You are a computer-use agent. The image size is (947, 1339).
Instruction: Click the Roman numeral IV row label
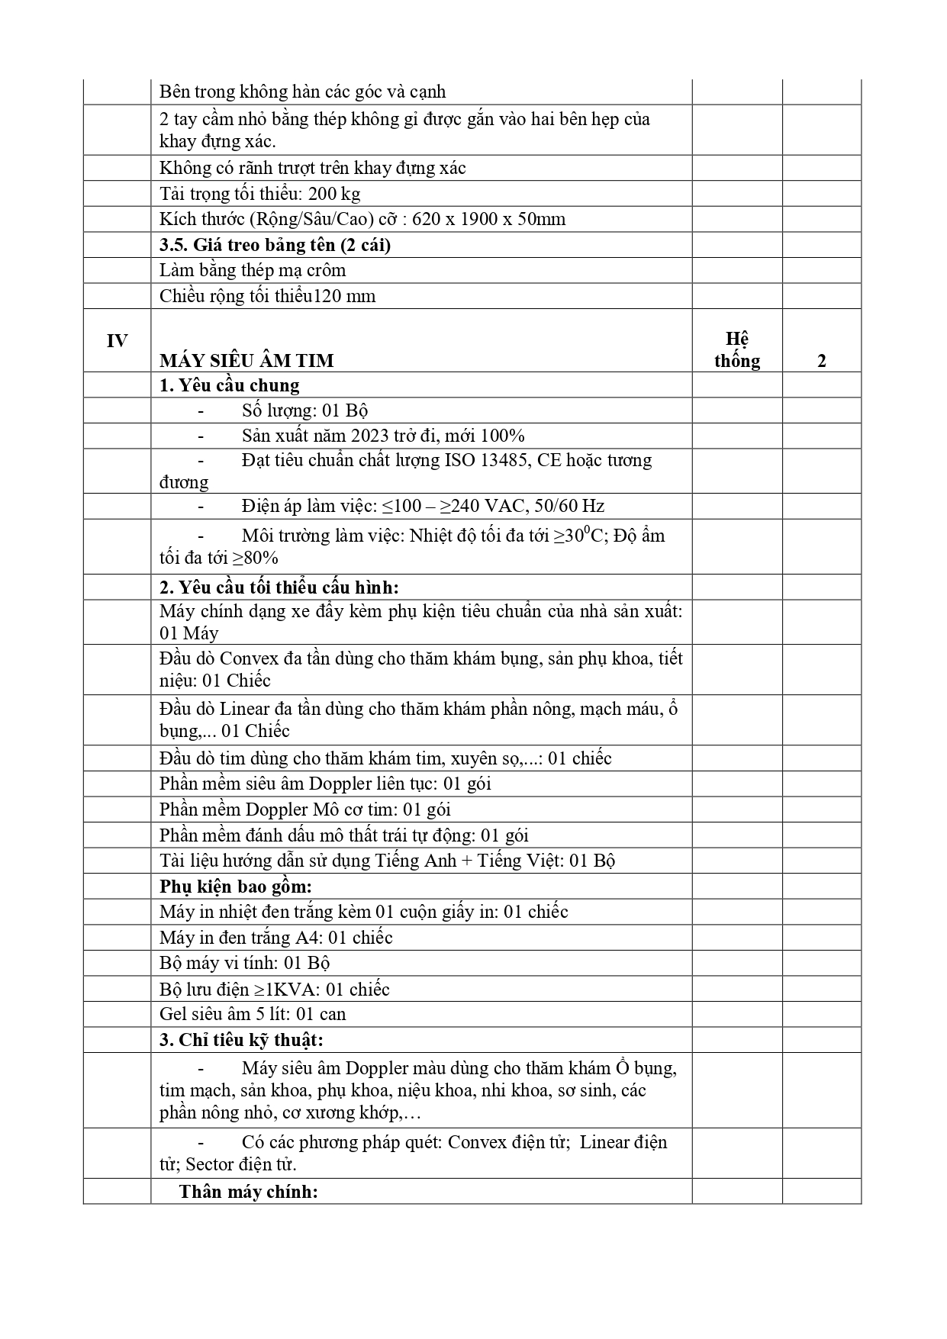[x=117, y=341]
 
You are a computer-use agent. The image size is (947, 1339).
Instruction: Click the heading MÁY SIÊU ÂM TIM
[x=246, y=361]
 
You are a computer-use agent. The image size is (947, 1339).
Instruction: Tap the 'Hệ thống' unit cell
[x=737, y=350]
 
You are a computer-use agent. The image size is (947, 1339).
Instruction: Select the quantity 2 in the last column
[x=822, y=361]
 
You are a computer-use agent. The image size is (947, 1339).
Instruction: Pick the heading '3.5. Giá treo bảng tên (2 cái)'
[x=275, y=245]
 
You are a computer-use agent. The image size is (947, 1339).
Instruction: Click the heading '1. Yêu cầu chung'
[x=229, y=385]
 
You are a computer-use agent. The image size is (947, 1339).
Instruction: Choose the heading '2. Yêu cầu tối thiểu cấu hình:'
[x=279, y=587]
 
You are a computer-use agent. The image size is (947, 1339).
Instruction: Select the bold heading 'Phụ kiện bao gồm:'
[x=236, y=887]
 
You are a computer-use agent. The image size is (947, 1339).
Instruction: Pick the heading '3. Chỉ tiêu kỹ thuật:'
[x=241, y=1040]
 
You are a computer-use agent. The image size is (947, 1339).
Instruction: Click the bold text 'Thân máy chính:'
[x=248, y=1192]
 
